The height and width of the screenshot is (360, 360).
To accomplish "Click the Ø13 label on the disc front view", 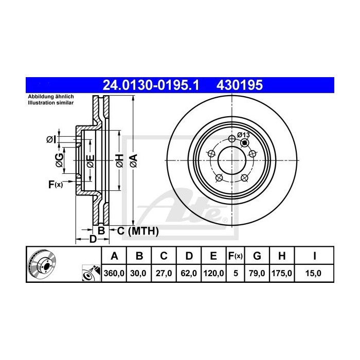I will (243, 135).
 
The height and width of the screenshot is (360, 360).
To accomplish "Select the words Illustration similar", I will (51, 103).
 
